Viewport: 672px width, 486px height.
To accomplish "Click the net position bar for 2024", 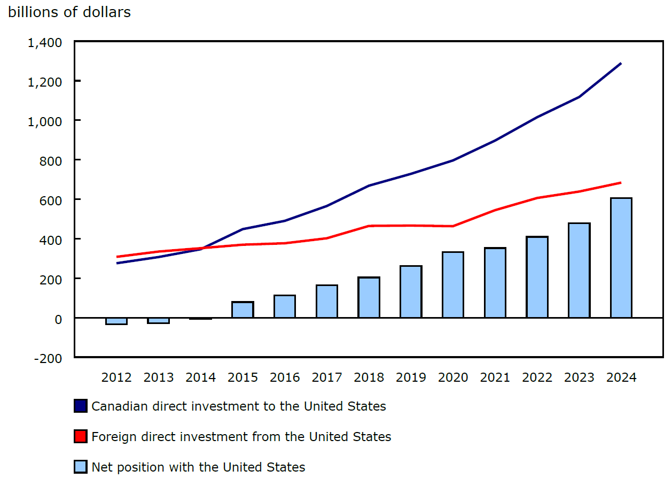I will tap(621, 258).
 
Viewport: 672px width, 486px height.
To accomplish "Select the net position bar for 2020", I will tap(453, 284).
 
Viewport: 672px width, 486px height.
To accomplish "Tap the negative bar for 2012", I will tap(116, 321).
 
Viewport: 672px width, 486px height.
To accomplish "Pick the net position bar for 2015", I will tap(243, 310).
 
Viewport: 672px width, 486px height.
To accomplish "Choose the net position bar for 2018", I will tap(369, 297).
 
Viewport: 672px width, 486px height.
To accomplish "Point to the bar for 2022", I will tap(537, 277).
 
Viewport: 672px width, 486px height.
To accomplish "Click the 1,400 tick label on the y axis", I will tap(45, 42).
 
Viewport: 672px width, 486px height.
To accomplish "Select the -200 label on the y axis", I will tap(48, 358).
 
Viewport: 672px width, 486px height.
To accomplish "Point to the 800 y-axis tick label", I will tap(51, 161).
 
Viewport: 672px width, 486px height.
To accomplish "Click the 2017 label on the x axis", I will tap(327, 377).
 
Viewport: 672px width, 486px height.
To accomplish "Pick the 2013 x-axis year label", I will tap(159, 377).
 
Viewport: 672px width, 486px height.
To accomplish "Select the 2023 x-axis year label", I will tap(579, 377).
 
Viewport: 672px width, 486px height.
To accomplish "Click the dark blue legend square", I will tap(80, 406).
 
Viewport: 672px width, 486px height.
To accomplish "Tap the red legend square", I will tap(80, 437).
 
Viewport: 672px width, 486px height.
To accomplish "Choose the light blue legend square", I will tap(80, 467).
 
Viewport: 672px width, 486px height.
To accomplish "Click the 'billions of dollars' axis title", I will tap(69, 12).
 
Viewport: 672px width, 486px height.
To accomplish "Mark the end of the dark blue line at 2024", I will tap(621, 64).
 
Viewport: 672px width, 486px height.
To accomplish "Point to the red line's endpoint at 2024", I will tap(621, 183).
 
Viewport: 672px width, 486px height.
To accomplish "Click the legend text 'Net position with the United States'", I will tap(198, 467).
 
